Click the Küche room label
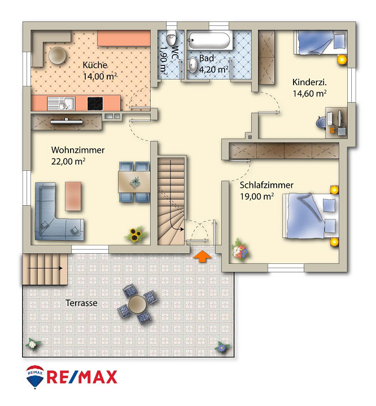[95, 65]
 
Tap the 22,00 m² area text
[68, 162]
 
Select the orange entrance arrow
[202, 257]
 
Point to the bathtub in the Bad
[211, 41]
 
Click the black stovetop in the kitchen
[95, 104]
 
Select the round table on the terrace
[137, 304]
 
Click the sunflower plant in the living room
[135, 235]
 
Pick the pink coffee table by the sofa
[73, 196]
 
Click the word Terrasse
[81, 303]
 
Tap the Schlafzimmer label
[266, 186]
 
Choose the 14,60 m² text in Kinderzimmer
[309, 94]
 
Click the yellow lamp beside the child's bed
[342, 60]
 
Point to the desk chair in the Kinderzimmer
[322, 122]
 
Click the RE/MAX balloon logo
[35, 377]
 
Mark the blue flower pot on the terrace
[222, 347]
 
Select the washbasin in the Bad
[193, 65]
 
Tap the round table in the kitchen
[58, 55]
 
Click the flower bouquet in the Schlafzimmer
[240, 250]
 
